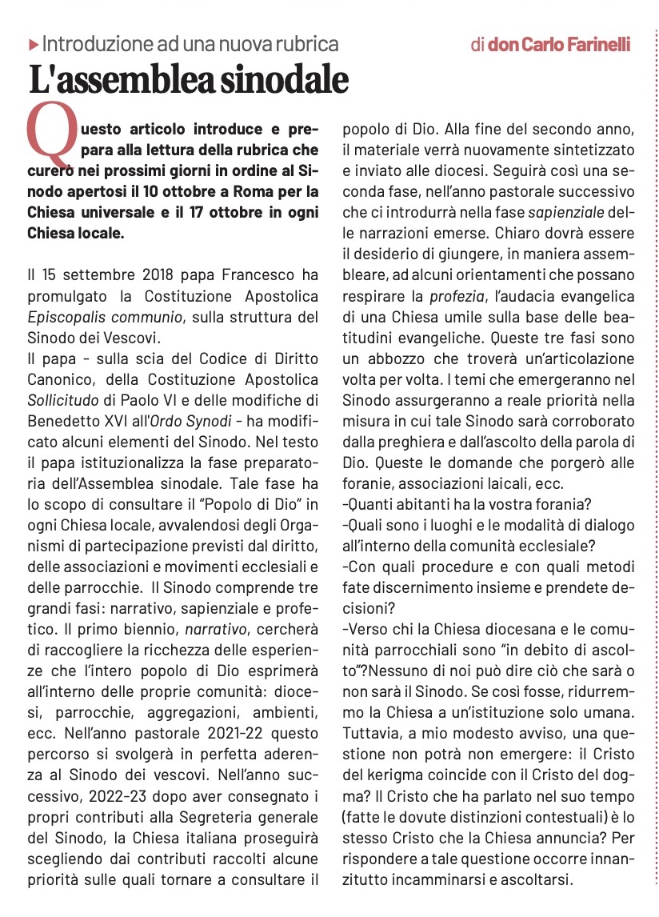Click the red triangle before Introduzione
click(x=33, y=44)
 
